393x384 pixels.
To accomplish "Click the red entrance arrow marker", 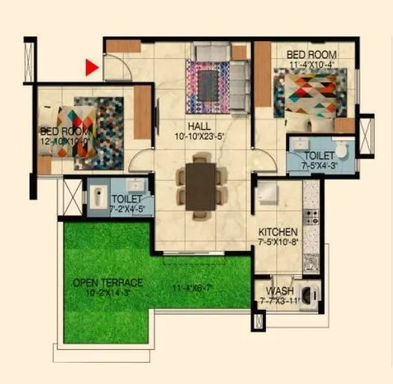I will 91,67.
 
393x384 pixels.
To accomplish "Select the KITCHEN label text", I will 278,232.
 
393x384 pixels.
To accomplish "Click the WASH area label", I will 280,291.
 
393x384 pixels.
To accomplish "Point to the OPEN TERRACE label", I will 109,282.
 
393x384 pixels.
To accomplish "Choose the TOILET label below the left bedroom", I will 126,199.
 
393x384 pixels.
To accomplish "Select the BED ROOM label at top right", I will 311,54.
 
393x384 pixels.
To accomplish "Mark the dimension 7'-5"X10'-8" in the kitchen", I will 278,242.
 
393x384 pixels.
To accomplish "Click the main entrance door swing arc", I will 117,69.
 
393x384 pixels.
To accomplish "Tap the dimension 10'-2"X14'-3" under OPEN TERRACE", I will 109,292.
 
